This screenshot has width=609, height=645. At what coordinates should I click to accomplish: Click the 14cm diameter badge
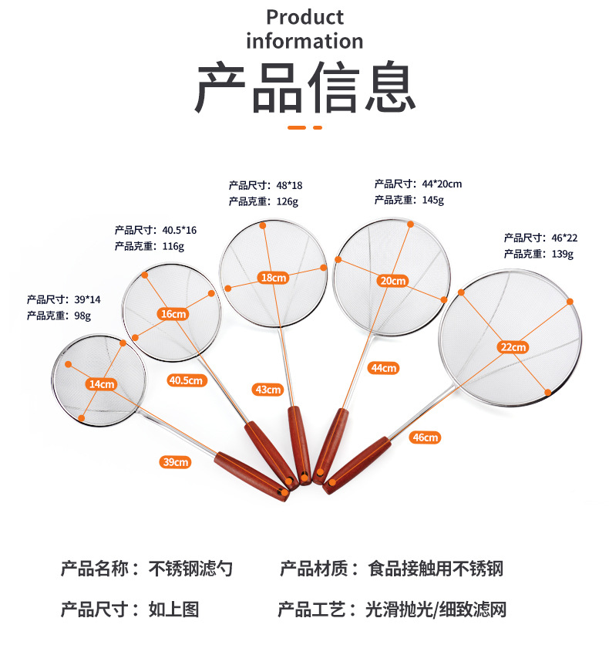click(x=102, y=383)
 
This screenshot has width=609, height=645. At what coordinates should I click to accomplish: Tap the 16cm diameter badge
click(x=173, y=313)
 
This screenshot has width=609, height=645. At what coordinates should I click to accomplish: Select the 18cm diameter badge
click(x=273, y=278)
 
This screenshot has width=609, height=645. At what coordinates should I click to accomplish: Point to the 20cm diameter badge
click(x=392, y=281)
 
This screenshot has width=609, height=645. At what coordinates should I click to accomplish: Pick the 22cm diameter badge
click(x=512, y=347)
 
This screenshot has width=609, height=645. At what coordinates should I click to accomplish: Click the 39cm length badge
click(x=175, y=462)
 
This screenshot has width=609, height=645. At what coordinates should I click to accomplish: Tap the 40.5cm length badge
click(x=187, y=380)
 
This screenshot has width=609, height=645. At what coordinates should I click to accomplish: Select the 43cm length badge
click(x=268, y=390)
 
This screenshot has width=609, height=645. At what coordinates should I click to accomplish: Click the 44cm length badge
click(x=383, y=368)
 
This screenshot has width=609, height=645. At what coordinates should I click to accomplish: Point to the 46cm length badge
click(x=425, y=437)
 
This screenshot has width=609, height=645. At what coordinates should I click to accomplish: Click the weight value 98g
click(x=82, y=316)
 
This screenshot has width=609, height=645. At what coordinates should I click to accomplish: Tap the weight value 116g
click(x=173, y=246)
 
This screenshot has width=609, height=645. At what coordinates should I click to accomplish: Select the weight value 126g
click(x=287, y=201)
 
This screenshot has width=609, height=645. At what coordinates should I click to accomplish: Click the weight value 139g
click(x=560, y=254)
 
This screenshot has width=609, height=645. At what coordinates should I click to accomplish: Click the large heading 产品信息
click(x=304, y=89)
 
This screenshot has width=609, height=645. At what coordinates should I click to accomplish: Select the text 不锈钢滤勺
click(x=190, y=569)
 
